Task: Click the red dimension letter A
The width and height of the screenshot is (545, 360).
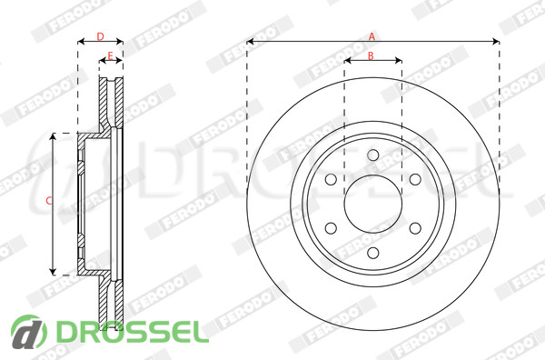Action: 372,36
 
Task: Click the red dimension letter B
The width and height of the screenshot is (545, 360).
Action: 371,55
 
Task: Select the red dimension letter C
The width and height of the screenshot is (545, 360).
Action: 49,200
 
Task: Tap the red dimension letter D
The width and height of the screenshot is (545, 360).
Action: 100,36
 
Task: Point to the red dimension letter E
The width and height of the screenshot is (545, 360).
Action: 110,55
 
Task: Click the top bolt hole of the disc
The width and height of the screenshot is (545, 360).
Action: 373,155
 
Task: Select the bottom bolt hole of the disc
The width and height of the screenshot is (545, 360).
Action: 373,253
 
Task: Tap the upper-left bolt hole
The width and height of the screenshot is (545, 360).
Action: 331,179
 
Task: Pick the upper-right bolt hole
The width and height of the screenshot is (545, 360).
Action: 415,179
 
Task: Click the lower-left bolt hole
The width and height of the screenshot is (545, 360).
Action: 331,228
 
